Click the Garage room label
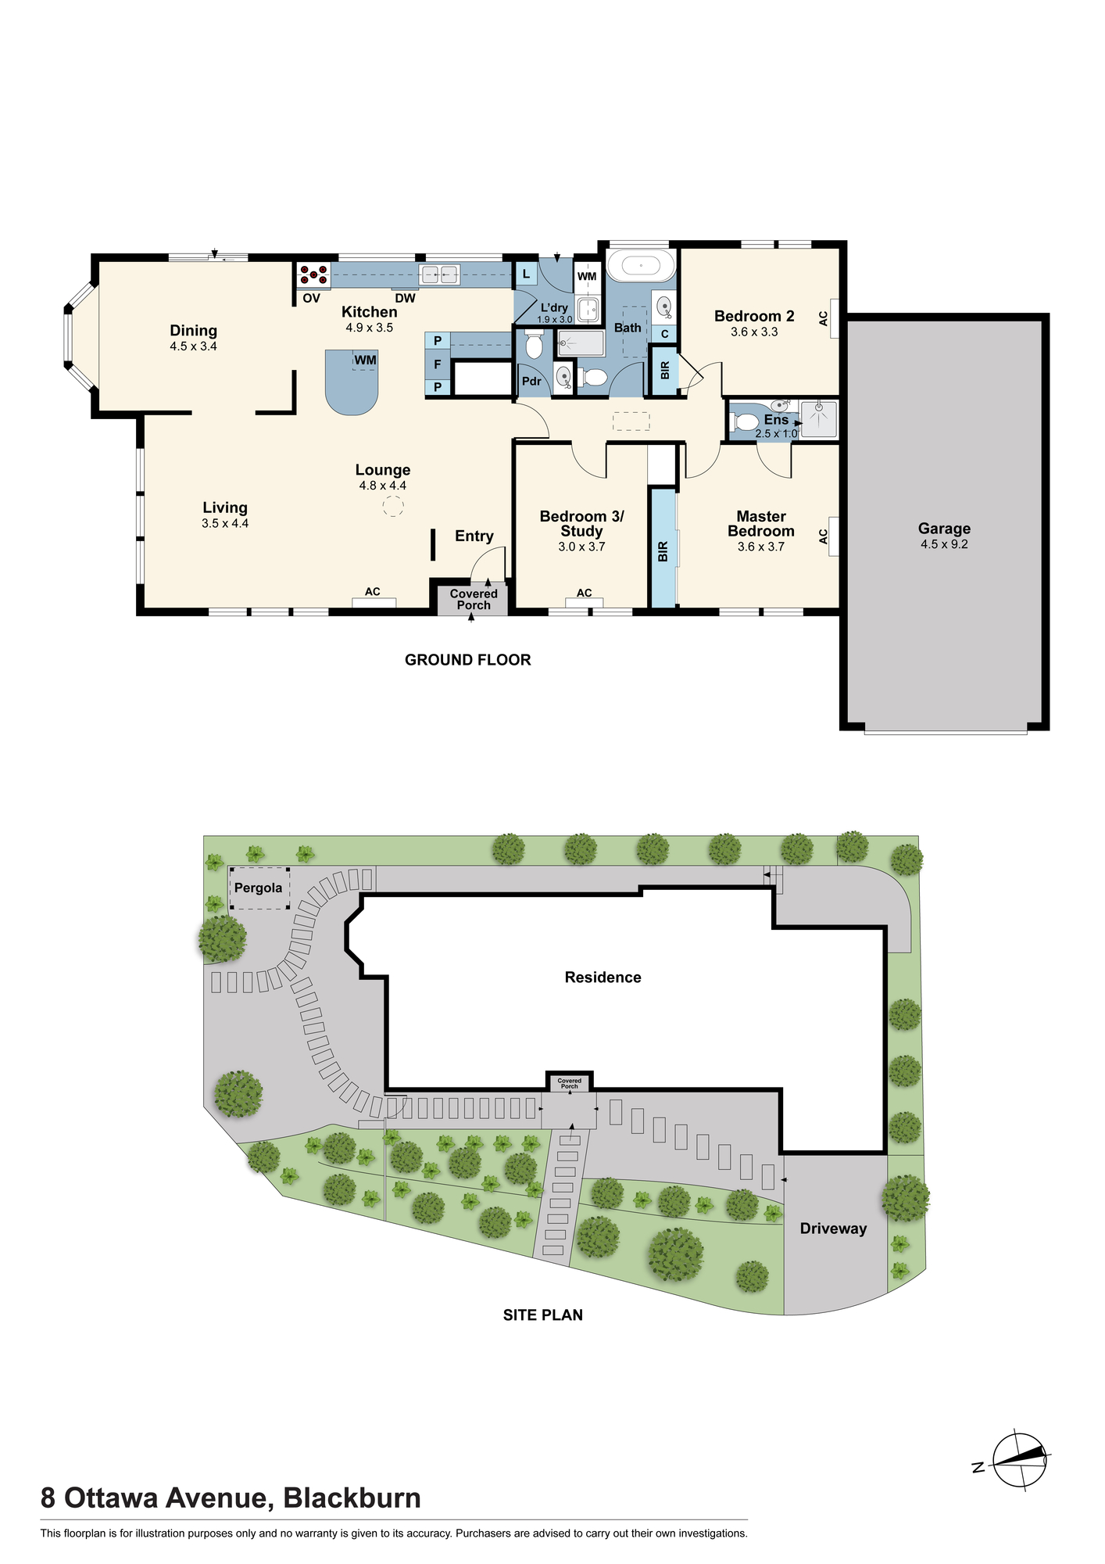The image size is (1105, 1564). [944, 529]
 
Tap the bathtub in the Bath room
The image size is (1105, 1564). [641, 266]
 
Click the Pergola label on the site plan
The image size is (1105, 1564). [259, 888]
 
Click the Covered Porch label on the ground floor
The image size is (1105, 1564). [474, 600]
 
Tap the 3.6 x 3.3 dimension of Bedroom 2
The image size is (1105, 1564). [754, 332]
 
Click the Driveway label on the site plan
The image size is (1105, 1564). [833, 1229]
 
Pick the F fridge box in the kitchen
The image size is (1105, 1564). [438, 364]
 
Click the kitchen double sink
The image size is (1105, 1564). [439, 274]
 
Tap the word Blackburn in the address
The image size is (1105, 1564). [352, 1498]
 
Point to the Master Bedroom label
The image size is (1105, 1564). [761, 523]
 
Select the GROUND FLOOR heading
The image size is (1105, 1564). [467, 660]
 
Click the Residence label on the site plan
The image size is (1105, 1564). [603, 977]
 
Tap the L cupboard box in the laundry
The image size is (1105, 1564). [526, 274]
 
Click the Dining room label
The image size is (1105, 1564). [193, 331]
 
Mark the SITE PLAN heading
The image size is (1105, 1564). [543, 1315]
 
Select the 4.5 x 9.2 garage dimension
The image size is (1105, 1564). [944, 544]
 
